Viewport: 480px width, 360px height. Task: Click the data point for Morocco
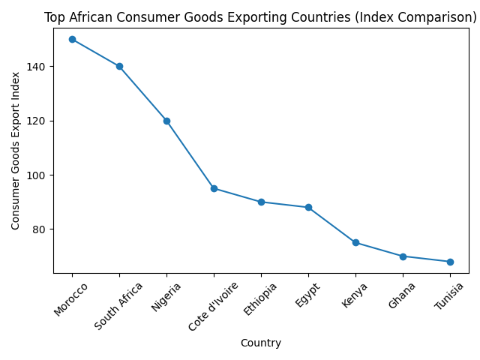tap(72, 39)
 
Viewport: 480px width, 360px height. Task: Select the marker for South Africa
tap(119, 66)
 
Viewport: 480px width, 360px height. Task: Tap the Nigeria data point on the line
tap(166, 121)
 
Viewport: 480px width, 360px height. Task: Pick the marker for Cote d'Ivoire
tap(214, 188)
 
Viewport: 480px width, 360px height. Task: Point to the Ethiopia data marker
tap(261, 202)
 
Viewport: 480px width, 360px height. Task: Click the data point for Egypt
tap(308, 207)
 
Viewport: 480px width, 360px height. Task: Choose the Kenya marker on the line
tap(355, 242)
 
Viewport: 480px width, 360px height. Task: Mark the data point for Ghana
tap(403, 256)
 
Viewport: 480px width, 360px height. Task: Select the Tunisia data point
tap(450, 262)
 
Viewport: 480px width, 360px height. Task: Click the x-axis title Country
tap(261, 343)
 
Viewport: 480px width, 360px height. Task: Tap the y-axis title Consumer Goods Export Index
tap(15, 150)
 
